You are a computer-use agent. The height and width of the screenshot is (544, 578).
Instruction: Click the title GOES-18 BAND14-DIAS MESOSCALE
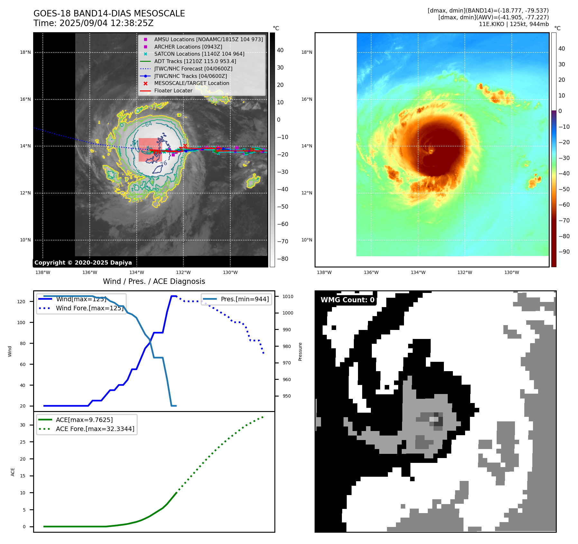[x=109, y=14]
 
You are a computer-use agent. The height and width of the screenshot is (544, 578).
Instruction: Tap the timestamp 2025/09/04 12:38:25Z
[x=106, y=23]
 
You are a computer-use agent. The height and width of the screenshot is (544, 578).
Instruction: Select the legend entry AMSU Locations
[x=208, y=39]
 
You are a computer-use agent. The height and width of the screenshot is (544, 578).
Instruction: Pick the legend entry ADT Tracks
[x=195, y=61]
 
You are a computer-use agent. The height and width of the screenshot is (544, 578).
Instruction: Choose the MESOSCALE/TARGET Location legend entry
[x=191, y=83]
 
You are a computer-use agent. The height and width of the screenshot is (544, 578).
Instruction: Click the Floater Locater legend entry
[x=173, y=90]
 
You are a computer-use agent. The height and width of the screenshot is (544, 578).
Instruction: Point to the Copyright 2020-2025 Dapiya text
[x=83, y=263]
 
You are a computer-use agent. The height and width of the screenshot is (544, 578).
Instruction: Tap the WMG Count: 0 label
[x=347, y=300]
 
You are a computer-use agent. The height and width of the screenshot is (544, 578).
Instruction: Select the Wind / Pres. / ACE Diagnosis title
[x=154, y=281]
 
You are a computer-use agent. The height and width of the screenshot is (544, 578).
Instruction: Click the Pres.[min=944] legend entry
[x=244, y=299]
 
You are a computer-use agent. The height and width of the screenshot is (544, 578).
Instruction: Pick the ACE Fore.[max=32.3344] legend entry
[x=95, y=429]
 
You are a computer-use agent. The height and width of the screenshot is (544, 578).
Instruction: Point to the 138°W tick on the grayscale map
[x=43, y=272]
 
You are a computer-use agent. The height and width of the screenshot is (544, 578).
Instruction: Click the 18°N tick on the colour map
[x=307, y=52]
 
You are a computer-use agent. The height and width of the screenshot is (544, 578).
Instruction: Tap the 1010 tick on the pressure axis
[x=288, y=296]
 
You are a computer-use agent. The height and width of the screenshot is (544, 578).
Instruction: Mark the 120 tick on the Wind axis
[x=21, y=302]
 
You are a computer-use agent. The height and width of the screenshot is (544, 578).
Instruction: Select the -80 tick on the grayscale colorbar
[x=283, y=259]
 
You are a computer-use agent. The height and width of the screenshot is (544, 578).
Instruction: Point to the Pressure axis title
[x=300, y=352]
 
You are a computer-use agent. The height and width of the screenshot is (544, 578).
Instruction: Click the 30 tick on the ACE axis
[x=23, y=425]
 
